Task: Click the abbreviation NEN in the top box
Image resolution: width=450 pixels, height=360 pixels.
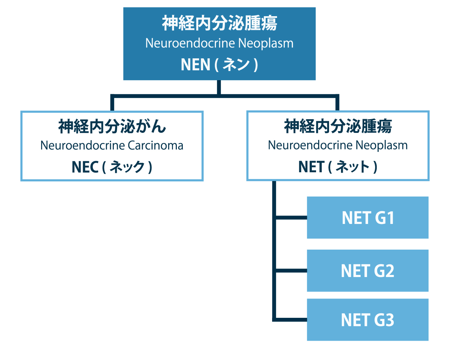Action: point(195,65)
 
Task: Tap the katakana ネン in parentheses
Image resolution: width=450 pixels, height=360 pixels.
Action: point(236,65)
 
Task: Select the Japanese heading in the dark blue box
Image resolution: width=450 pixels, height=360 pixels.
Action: point(219,23)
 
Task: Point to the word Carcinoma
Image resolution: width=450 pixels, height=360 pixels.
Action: point(155,146)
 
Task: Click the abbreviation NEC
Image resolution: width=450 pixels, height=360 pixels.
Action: point(85,167)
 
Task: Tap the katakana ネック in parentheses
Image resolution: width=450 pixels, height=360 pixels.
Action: point(127,167)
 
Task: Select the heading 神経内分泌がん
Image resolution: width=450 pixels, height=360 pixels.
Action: point(112,126)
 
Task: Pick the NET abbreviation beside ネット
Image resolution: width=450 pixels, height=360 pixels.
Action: point(311,167)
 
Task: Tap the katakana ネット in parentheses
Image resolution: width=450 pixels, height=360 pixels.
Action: point(353,167)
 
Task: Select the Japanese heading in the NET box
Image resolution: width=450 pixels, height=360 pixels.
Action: point(338,126)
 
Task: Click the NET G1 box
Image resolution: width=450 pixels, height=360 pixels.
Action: point(367,218)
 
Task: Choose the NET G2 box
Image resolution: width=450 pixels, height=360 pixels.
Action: point(367,271)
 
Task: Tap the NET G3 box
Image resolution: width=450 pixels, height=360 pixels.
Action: point(367,320)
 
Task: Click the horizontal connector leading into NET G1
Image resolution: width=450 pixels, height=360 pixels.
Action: point(291,218)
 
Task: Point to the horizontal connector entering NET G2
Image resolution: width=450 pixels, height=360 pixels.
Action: point(291,271)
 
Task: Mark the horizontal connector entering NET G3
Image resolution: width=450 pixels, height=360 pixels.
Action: point(291,320)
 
